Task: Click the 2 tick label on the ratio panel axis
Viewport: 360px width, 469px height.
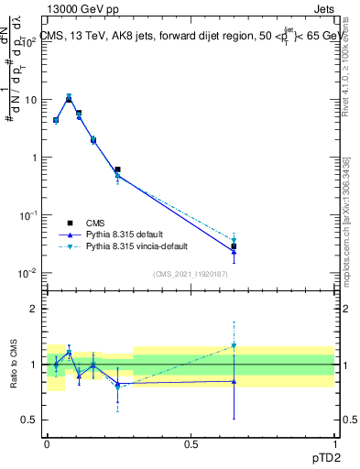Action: (x=35, y=309)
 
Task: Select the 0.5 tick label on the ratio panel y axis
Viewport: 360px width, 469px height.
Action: (x=31, y=420)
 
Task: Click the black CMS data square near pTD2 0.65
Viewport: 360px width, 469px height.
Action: (x=234, y=246)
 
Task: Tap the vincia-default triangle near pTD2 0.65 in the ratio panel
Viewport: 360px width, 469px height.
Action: (x=234, y=346)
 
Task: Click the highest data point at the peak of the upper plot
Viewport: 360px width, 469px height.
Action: (x=69, y=96)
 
